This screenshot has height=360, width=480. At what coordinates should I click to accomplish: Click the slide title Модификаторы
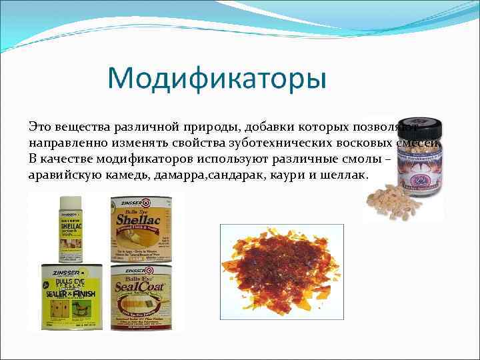[217, 79]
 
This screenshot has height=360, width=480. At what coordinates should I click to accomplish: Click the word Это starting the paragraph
[40, 126]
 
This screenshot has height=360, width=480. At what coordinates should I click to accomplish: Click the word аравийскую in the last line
[64, 175]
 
